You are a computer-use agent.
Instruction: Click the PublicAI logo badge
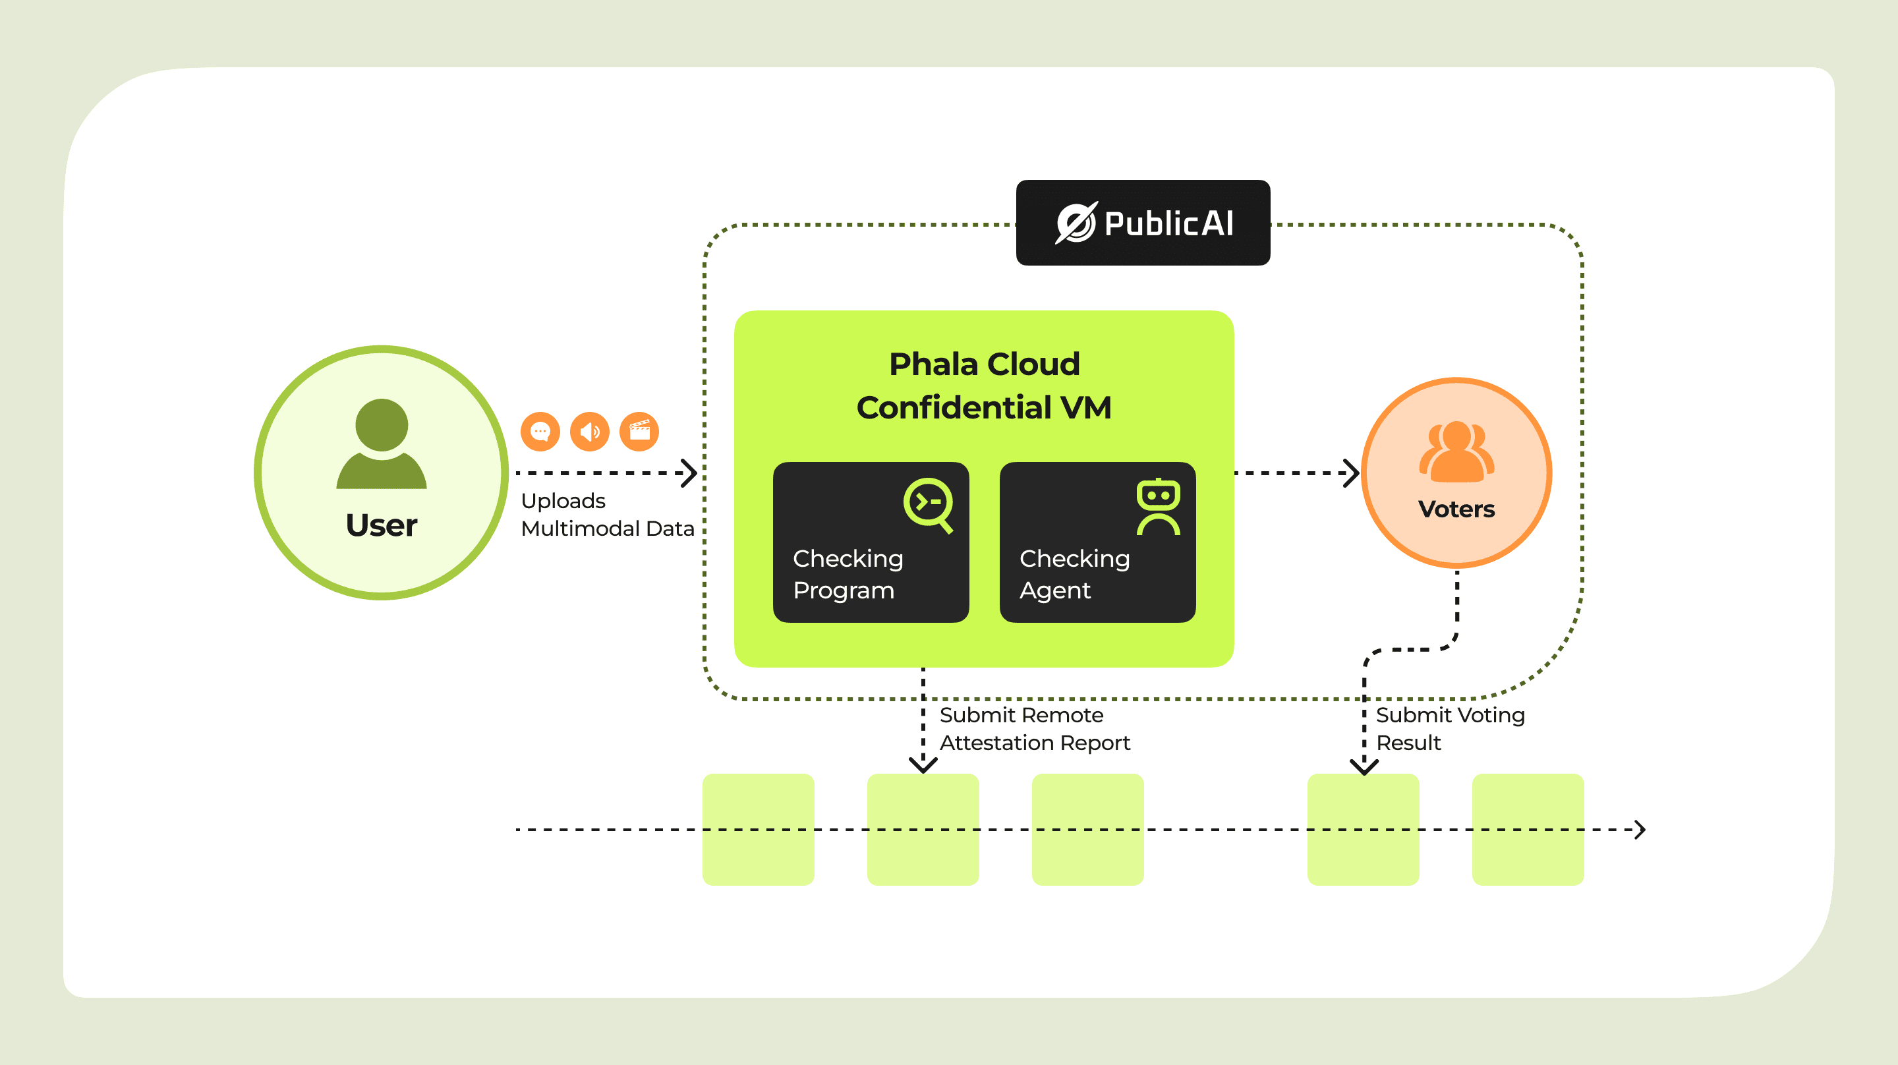tap(1143, 223)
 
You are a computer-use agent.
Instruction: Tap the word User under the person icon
tap(382, 525)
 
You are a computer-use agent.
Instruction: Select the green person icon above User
tap(382, 444)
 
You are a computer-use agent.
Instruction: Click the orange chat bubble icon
tap(540, 431)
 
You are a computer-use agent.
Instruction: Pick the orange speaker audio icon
tap(589, 431)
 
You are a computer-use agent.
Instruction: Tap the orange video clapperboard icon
tap(639, 431)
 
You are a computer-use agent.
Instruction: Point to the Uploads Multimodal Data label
tap(607, 515)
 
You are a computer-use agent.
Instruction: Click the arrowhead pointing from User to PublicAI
tap(689, 473)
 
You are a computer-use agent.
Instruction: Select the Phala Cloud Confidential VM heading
tap(984, 386)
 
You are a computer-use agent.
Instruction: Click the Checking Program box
tap(871, 542)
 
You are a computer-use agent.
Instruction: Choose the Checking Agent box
tap(1097, 542)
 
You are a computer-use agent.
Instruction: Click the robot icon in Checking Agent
tap(1159, 507)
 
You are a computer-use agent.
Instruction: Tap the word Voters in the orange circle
tap(1456, 509)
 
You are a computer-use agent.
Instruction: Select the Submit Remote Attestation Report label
tap(1035, 729)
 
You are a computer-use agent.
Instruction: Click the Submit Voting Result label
tap(1450, 729)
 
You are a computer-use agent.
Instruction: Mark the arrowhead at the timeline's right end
tap(1640, 830)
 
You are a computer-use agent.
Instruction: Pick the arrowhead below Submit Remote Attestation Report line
tap(923, 766)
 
